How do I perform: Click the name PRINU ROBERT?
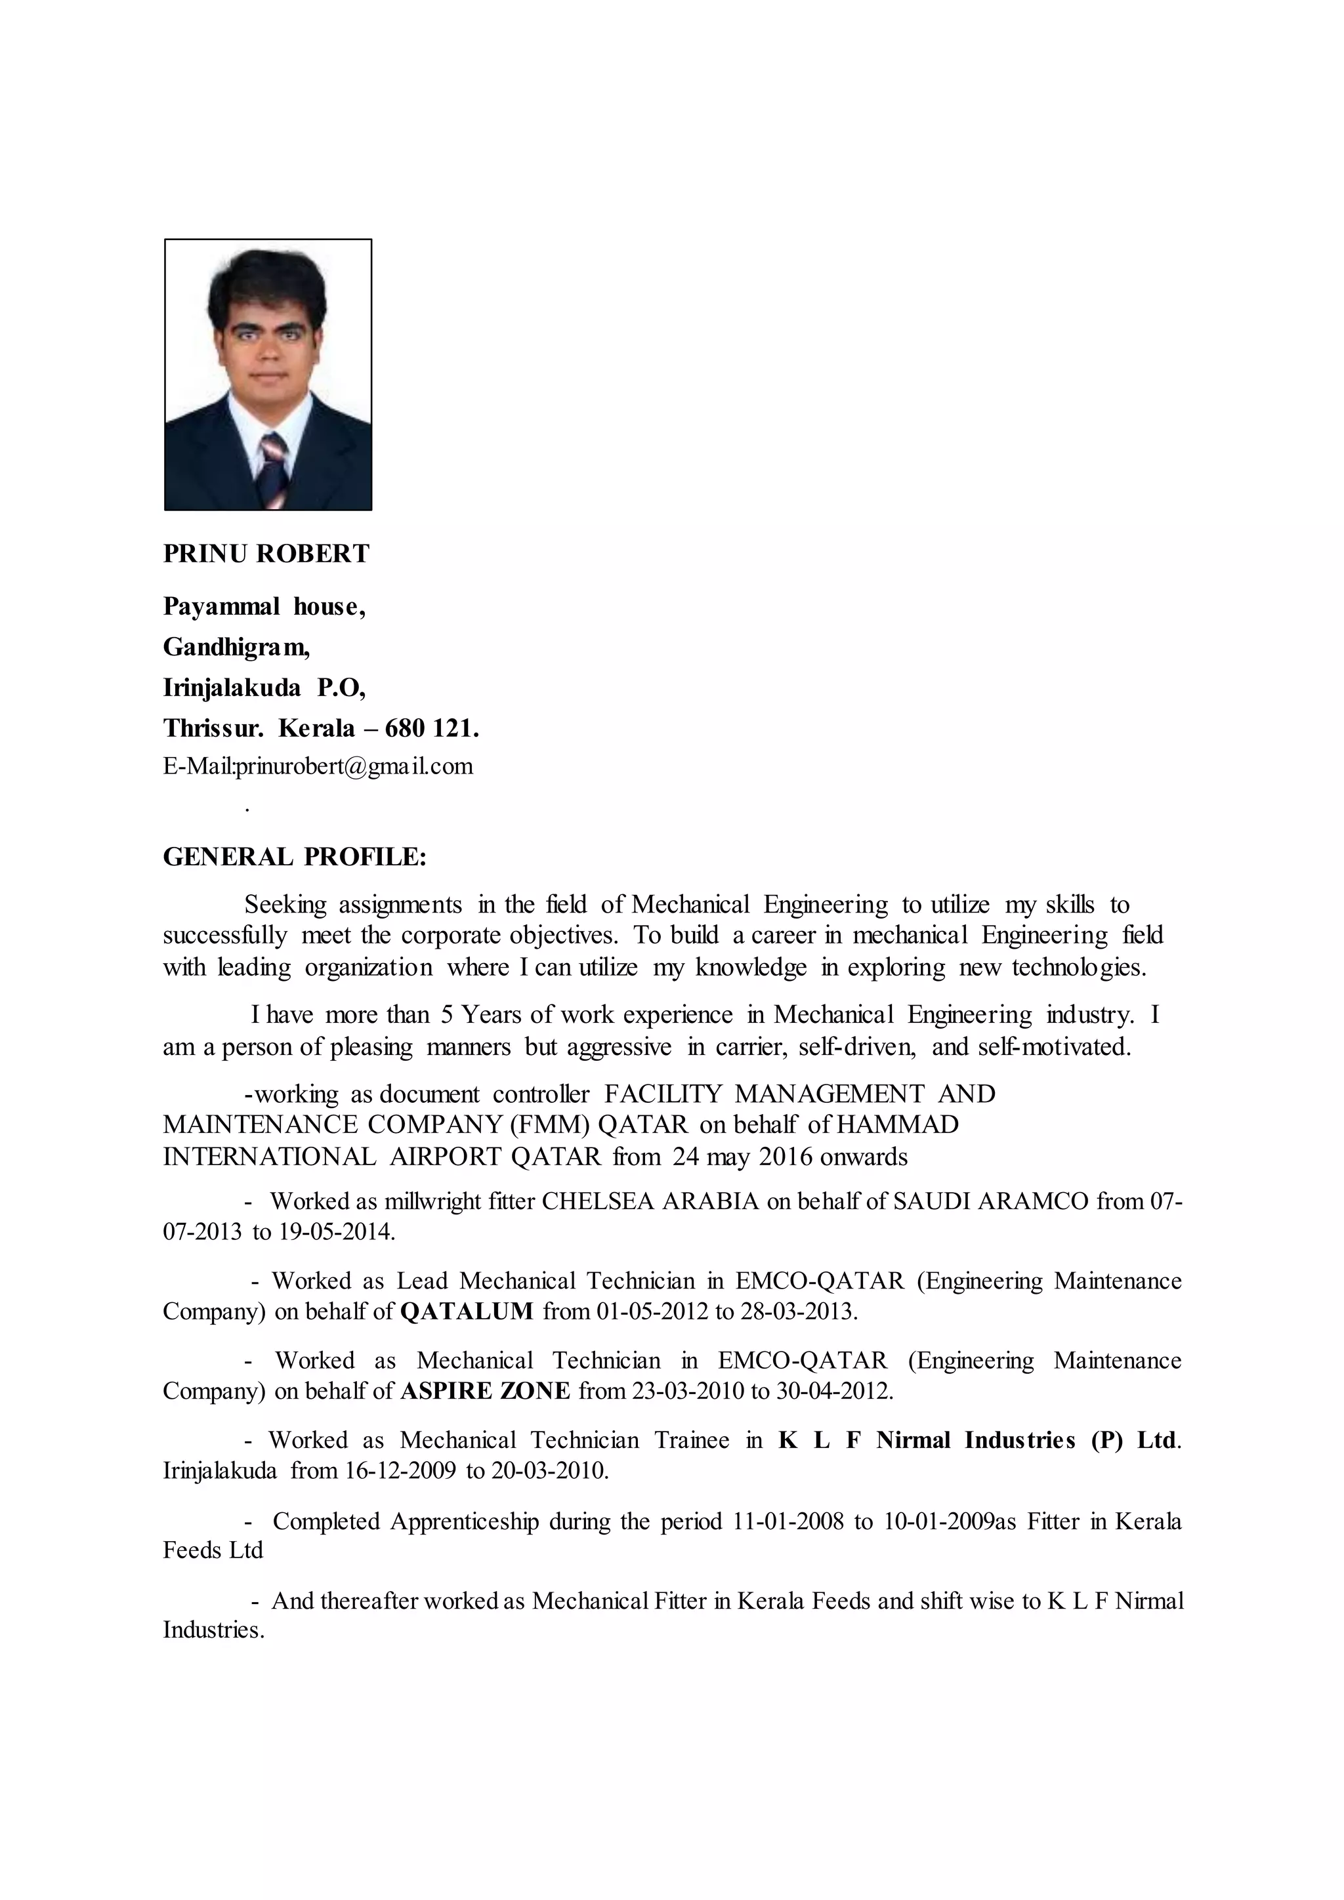pos(266,554)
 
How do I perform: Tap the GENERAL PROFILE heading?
pos(295,856)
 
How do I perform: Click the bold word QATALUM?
pos(467,1311)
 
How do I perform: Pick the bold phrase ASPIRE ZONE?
pos(485,1391)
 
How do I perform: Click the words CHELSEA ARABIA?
pos(650,1201)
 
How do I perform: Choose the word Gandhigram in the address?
pos(236,647)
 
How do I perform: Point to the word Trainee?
pos(692,1440)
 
